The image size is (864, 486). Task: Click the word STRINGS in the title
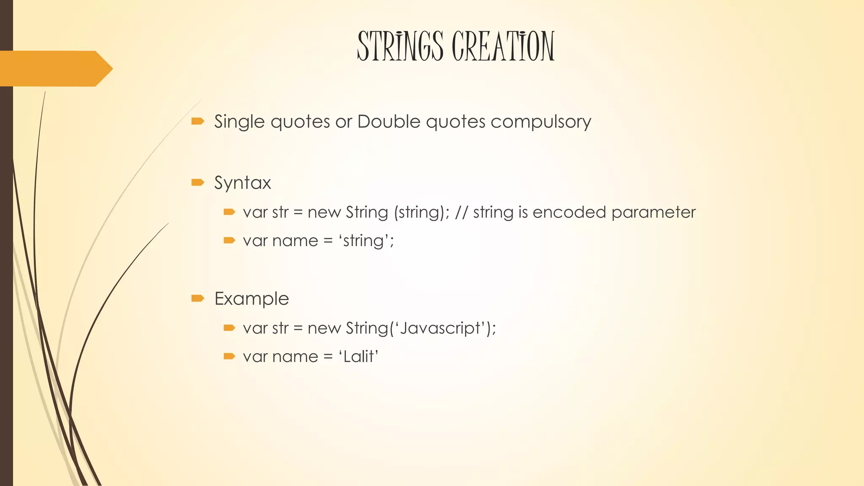point(400,46)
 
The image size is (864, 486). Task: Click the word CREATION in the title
point(503,46)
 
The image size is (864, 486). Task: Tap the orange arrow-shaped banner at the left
point(55,68)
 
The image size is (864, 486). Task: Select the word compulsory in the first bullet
point(540,122)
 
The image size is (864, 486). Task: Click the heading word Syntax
point(243,183)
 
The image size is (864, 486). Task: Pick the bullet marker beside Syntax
point(197,183)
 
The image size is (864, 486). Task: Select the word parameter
point(653,212)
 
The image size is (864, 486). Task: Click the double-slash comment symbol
point(462,212)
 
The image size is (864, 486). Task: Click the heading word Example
point(251,299)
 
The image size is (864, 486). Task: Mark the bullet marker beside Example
point(197,299)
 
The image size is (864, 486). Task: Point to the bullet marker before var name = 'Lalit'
point(229,356)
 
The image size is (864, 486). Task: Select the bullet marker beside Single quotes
point(197,121)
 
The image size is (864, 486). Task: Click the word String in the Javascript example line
point(367,328)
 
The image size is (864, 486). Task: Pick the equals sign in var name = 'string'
point(328,241)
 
